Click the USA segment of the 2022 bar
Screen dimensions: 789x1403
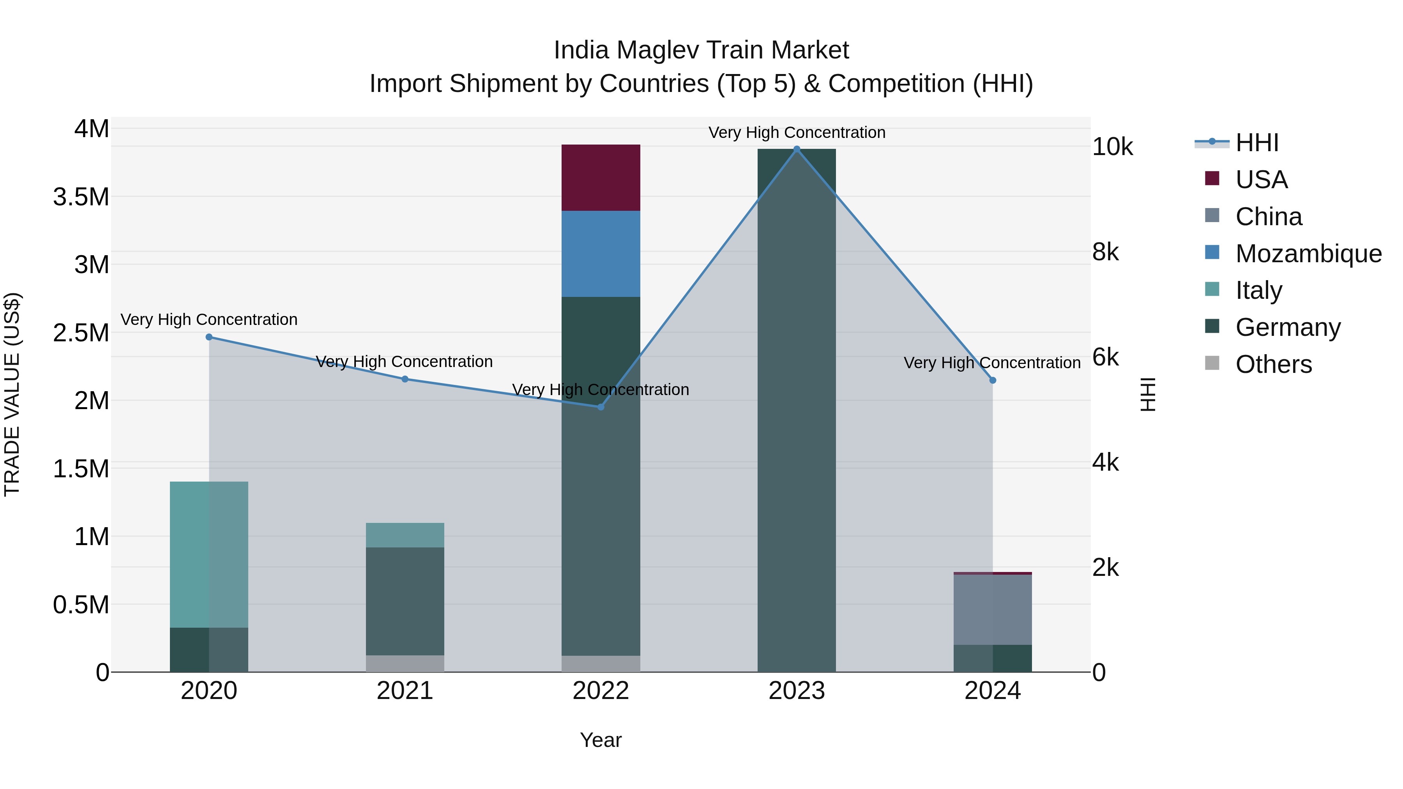pos(601,178)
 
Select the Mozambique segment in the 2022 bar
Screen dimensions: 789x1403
pos(601,254)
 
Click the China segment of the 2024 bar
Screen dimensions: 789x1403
pos(992,610)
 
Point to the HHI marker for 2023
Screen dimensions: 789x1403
pos(797,149)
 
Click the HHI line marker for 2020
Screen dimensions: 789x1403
pos(209,337)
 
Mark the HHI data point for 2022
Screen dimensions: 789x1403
pos(601,407)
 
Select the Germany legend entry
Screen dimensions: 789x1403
pos(1288,327)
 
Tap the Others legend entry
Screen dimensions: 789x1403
pos(1273,364)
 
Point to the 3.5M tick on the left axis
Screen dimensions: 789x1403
pos(81,197)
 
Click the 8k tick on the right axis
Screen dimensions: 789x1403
pos(1106,252)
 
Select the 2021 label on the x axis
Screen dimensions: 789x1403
pos(405,691)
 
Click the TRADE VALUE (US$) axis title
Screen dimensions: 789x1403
pos(12,394)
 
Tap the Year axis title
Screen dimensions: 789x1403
pos(601,740)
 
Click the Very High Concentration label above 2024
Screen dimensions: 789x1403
pos(992,363)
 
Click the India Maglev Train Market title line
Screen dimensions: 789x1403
pos(701,50)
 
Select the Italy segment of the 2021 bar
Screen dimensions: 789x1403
pos(405,535)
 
